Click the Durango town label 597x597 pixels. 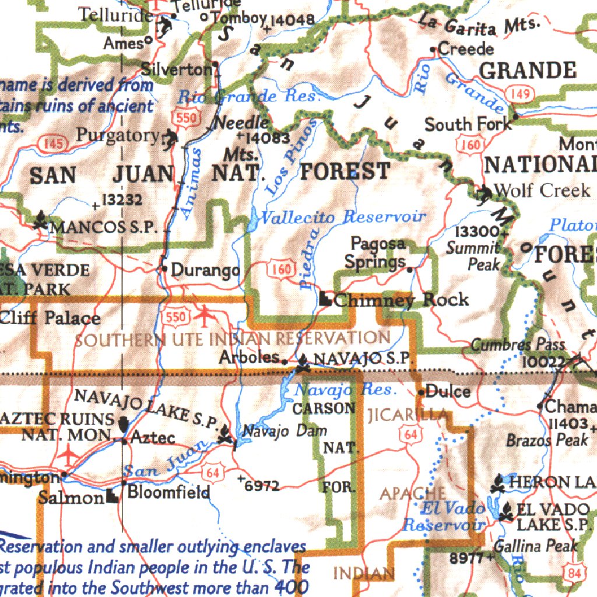pyautogui.click(x=205, y=271)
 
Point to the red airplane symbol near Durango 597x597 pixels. pyautogui.click(x=205, y=315)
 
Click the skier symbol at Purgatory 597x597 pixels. pyautogui.click(x=170, y=138)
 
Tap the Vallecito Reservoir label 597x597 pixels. pyautogui.click(x=342, y=217)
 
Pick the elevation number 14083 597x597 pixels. pyautogui.click(x=267, y=138)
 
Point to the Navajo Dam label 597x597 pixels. pyautogui.click(x=285, y=431)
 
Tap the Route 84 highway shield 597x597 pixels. pyautogui.click(x=574, y=573)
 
